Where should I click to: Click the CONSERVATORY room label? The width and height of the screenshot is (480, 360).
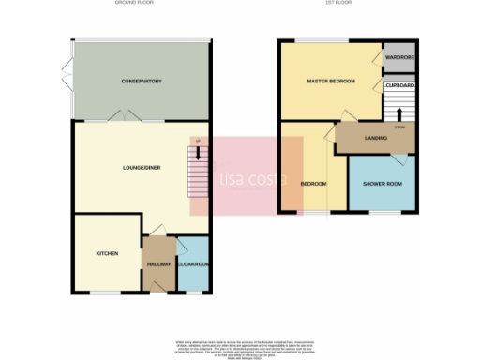click(142, 82)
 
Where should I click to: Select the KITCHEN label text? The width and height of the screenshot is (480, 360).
click(106, 253)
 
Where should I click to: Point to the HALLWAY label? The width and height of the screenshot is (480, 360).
click(158, 263)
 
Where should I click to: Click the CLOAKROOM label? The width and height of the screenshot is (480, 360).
click(192, 263)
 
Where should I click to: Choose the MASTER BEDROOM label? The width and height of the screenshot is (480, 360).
click(331, 82)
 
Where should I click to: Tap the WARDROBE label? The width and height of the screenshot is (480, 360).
click(400, 58)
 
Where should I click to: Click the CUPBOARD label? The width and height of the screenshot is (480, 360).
click(400, 86)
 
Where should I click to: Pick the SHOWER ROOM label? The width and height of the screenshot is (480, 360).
click(382, 183)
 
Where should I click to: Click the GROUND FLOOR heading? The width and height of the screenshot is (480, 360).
click(133, 4)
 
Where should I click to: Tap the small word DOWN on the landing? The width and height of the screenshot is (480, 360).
click(399, 126)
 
